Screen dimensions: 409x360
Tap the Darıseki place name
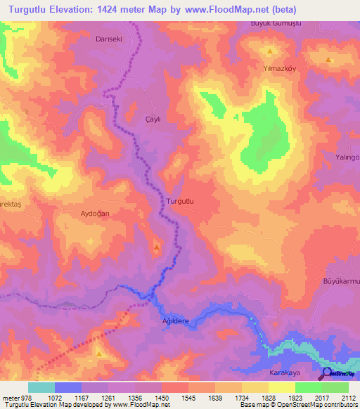pos(109,39)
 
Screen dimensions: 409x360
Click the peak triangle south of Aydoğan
pos(156,247)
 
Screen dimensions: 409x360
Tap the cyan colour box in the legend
pos(41,387)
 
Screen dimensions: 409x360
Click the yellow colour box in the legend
pos(282,387)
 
